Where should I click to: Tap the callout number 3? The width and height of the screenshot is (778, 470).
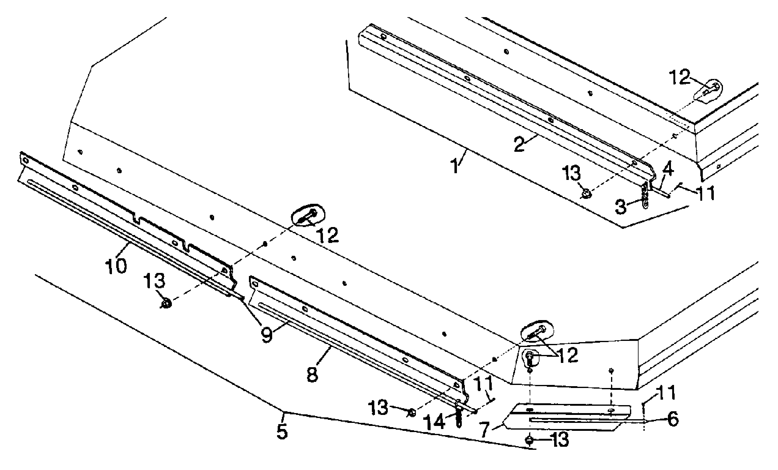pos(621,207)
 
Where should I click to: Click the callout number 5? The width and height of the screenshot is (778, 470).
pos(282,431)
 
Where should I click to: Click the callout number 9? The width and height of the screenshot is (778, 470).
pos(267,335)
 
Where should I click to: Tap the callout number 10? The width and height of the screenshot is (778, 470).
pos(116,266)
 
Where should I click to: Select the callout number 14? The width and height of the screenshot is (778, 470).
pos(435,422)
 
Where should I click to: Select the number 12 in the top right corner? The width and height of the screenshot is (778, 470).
pos(680,78)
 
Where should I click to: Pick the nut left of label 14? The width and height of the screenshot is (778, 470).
pos(412,412)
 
